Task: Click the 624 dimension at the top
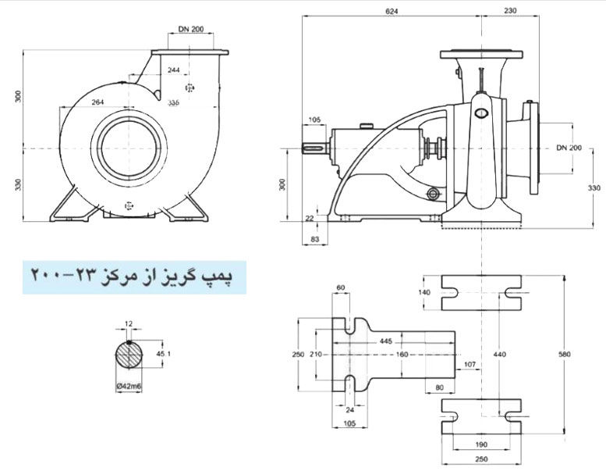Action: pos(393,11)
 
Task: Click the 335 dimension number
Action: pos(173,102)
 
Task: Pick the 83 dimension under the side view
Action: pos(314,238)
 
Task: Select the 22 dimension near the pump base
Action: pos(310,218)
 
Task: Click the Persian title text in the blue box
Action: pos(136,276)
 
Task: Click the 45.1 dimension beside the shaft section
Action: pos(164,354)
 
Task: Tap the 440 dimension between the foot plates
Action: pos(499,354)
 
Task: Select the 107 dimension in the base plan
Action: pos(470,364)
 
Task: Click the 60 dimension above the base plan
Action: pos(340,287)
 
